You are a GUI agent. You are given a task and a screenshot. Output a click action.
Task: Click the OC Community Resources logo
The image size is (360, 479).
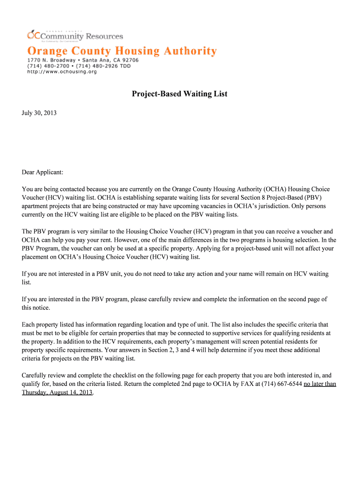coord(75,36)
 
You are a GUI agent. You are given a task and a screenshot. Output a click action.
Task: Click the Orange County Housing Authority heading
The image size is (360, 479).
coord(122,51)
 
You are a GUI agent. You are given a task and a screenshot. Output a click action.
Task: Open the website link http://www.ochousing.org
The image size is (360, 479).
coord(62,72)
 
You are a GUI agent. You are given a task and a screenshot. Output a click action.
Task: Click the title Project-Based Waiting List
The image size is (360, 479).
coord(180,94)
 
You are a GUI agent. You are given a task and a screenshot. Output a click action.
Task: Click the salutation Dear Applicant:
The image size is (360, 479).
coord(43,172)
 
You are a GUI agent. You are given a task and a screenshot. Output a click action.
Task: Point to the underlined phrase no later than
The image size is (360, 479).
coord(320,384)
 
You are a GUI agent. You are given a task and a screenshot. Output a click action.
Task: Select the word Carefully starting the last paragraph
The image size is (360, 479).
coord(36,376)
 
